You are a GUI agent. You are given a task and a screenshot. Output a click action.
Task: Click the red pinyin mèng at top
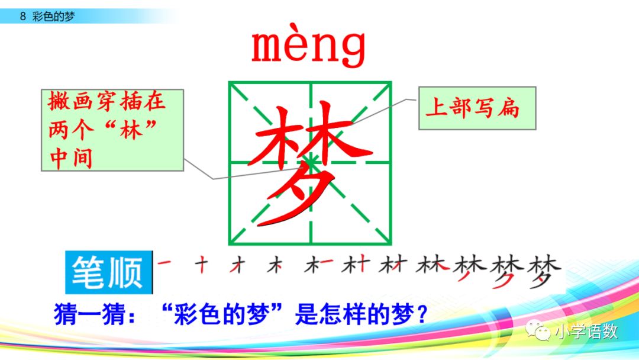pyautogui.click(x=308, y=47)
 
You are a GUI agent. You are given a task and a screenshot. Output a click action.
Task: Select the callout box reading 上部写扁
pyautogui.click(x=477, y=108)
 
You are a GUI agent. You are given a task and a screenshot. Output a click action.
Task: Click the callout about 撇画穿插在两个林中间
pyautogui.click(x=112, y=130)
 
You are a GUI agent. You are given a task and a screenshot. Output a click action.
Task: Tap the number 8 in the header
pyautogui.click(x=22, y=17)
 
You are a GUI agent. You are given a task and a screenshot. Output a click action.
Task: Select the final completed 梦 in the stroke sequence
pyautogui.click(x=544, y=272)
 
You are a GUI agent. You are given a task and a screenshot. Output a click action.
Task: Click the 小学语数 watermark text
pyautogui.click(x=586, y=332)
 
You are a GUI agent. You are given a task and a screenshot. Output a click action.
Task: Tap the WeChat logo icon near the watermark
pyautogui.click(x=540, y=332)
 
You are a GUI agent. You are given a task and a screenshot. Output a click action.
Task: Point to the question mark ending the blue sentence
pyautogui.click(x=421, y=314)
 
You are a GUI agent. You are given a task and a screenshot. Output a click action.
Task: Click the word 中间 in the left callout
pyautogui.click(x=70, y=159)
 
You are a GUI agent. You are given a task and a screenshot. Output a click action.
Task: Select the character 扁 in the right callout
pyautogui.click(x=508, y=108)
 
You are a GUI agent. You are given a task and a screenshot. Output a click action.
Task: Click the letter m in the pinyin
pyautogui.click(x=269, y=48)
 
